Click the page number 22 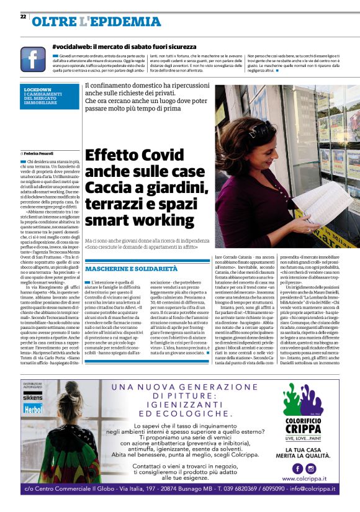click(23, 17)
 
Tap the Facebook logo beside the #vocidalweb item click(33, 59)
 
